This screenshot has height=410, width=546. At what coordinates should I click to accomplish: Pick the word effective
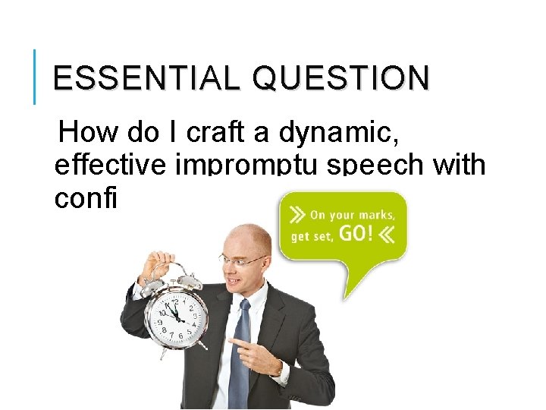[111, 166]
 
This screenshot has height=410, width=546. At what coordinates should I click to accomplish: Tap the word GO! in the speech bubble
[356, 233]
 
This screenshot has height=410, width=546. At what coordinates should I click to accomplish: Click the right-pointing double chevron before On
[298, 214]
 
